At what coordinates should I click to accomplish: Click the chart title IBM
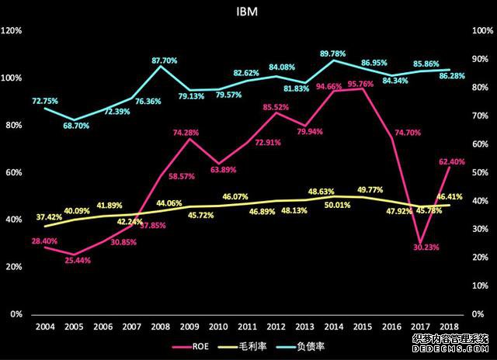[248, 12]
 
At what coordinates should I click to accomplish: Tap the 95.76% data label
[362, 85]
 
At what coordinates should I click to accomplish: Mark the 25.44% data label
[78, 260]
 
